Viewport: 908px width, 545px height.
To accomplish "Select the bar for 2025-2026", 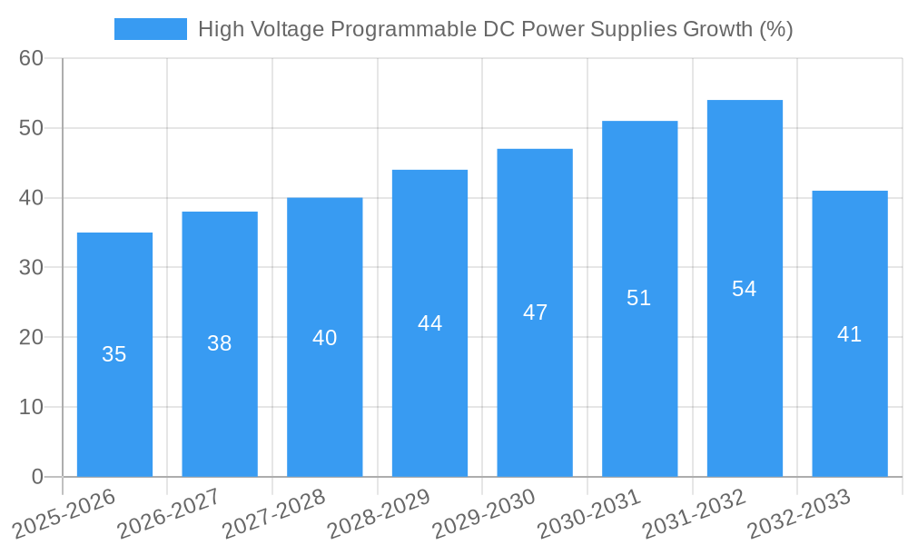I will pos(114,354).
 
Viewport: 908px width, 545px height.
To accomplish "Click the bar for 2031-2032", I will pos(745,288).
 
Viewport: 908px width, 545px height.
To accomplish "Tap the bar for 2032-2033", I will pos(849,333).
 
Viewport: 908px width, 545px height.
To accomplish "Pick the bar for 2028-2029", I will pos(429,322).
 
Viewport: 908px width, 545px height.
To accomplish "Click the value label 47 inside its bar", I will pos(535,312).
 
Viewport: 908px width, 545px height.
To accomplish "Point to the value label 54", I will pos(744,289).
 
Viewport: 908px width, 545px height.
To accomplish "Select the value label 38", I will pos(219,343).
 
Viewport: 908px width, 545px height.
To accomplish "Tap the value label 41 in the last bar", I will pos(849,334).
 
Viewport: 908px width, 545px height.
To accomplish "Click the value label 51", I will pos(638,298).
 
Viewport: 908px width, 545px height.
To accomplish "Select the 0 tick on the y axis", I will pos(37,477).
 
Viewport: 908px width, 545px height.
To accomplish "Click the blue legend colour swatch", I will pos(150,29).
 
